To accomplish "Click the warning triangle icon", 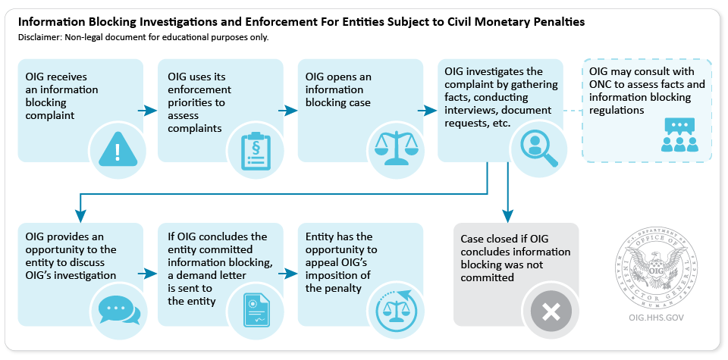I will point(117,149).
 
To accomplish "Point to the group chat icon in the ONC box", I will point(679,130).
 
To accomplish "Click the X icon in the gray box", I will point(551,311).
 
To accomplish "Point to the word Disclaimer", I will point(42,36).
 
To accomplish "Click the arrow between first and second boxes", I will point(150,112).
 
